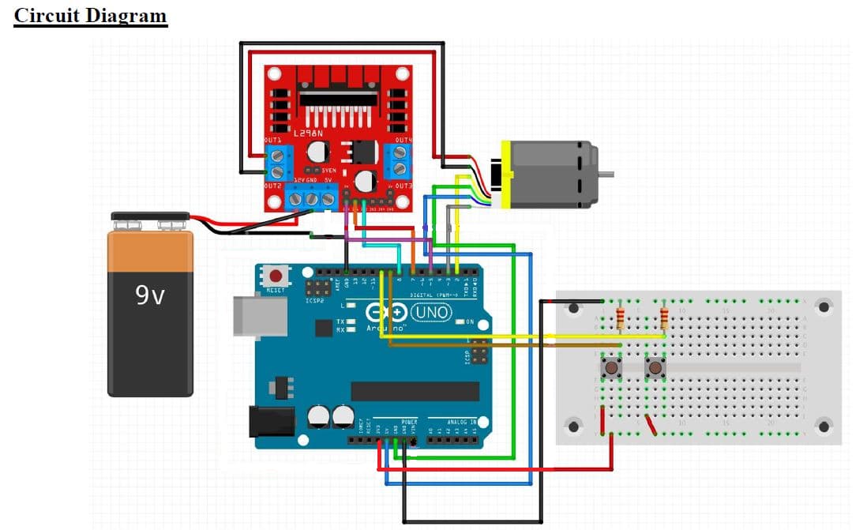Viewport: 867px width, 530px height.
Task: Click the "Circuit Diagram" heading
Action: tap(91, 16)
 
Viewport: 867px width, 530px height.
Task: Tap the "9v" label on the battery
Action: tap(150, 295)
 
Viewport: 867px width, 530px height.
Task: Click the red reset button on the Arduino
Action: tap(276, 276)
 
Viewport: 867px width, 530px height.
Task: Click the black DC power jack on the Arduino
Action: tap(272, 421)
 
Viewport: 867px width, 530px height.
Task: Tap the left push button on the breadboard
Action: tap(610, 366)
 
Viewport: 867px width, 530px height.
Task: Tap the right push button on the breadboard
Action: tap(655, 366)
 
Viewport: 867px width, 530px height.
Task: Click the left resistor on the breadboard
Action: tap(621, 318)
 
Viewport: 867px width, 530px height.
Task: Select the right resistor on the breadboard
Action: tap(665, 318)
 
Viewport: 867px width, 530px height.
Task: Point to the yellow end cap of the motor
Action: tap(506, 174)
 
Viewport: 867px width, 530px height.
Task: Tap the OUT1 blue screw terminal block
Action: tap(277, 164)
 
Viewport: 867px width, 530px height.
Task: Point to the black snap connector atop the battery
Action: tap(149, 216)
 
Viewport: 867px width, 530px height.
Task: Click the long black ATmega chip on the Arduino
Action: tap(415, 391)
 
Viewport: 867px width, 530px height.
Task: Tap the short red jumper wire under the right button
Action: tap(651, 426)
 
